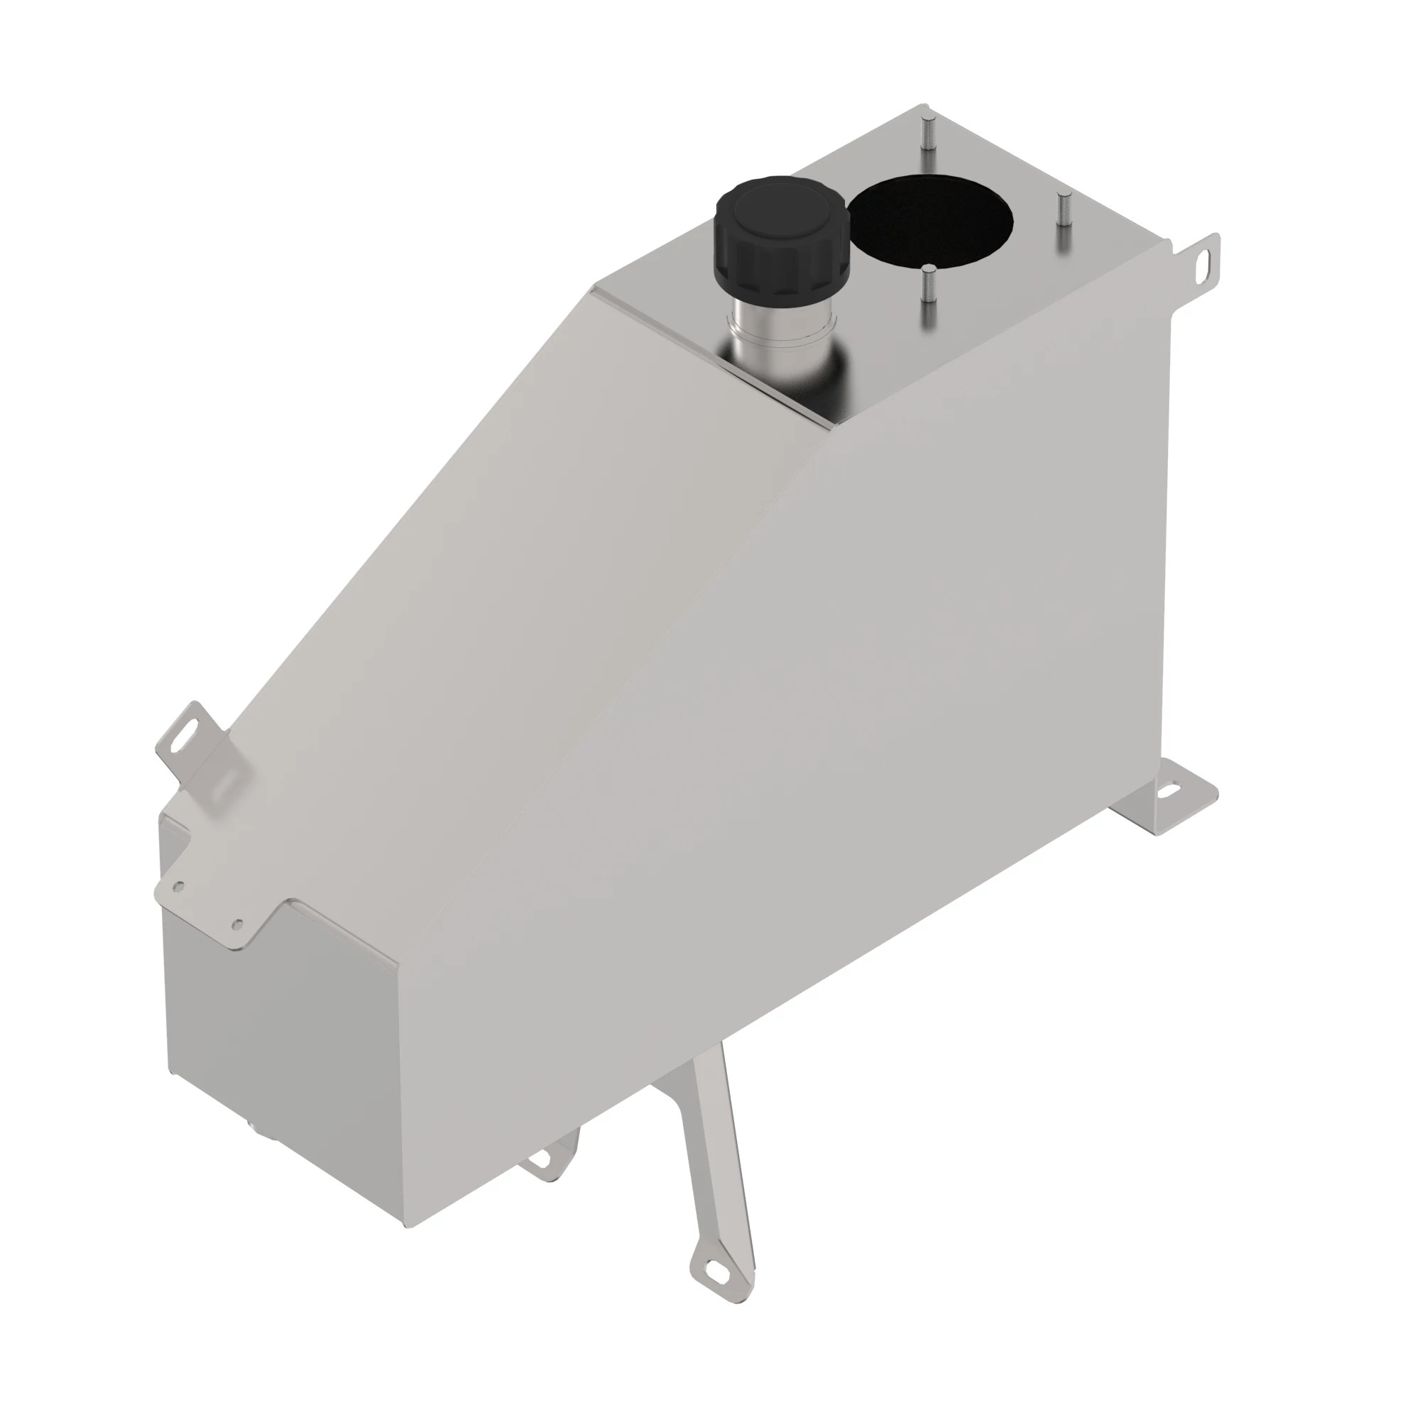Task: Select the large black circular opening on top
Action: tap(932, 220)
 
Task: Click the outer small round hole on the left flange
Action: tap(177, 887)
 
